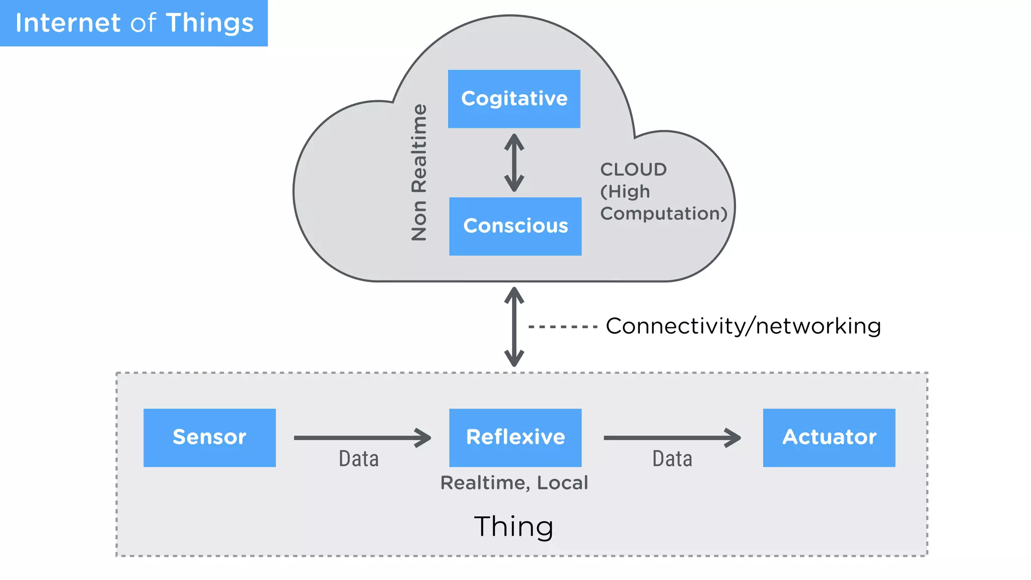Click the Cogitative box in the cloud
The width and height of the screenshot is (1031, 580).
coord(514,99)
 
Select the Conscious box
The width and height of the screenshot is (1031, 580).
coord(515,226)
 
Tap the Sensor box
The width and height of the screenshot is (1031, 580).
coord(209,437)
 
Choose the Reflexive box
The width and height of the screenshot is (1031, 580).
coord(515,437)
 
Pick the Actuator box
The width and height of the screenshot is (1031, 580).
coord(829,437)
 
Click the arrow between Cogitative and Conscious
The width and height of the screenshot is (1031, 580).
coord(514,163)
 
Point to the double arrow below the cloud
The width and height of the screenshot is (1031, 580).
coord(514,327)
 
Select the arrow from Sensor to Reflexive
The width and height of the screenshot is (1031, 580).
coord(362,438)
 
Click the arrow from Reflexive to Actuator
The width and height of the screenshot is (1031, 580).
coord(672,438)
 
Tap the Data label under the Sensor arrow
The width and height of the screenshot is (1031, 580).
coord(358,459)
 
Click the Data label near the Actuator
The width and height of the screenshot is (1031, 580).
coord(672,459)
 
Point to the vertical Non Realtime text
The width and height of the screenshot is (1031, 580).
coord(419,172)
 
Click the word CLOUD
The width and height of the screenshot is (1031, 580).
coord(633,170)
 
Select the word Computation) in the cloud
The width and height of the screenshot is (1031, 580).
coord(664,213)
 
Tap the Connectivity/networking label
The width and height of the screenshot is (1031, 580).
coord(743,326)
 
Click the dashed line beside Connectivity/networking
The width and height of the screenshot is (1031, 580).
coord(562,327)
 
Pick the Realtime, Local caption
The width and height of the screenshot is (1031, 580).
coord(514,483)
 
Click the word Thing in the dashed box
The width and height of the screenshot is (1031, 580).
coord(513,527)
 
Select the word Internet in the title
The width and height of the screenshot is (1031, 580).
coord(68,23)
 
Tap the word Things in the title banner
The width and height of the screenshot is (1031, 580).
coord(210,23)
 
